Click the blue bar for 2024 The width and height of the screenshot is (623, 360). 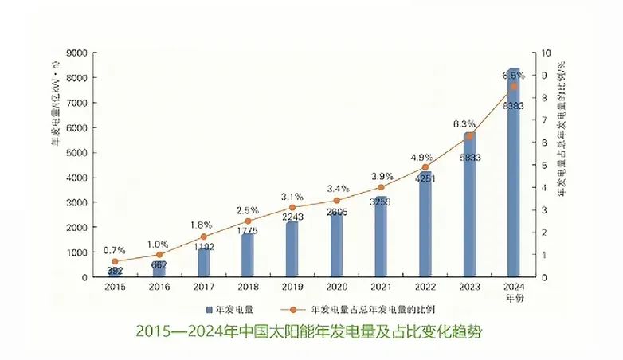514,175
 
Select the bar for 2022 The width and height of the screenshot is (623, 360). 425,227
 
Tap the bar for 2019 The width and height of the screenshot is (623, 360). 292,251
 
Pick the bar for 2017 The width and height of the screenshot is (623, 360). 204,263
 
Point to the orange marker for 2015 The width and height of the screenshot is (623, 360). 115,261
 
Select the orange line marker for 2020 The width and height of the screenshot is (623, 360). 336,201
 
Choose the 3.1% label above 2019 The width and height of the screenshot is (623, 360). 292,196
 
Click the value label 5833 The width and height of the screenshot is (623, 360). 469,158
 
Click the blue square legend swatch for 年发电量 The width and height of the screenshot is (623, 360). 209,308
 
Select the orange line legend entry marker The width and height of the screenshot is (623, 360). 292,308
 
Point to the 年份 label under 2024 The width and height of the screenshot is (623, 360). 514,296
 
